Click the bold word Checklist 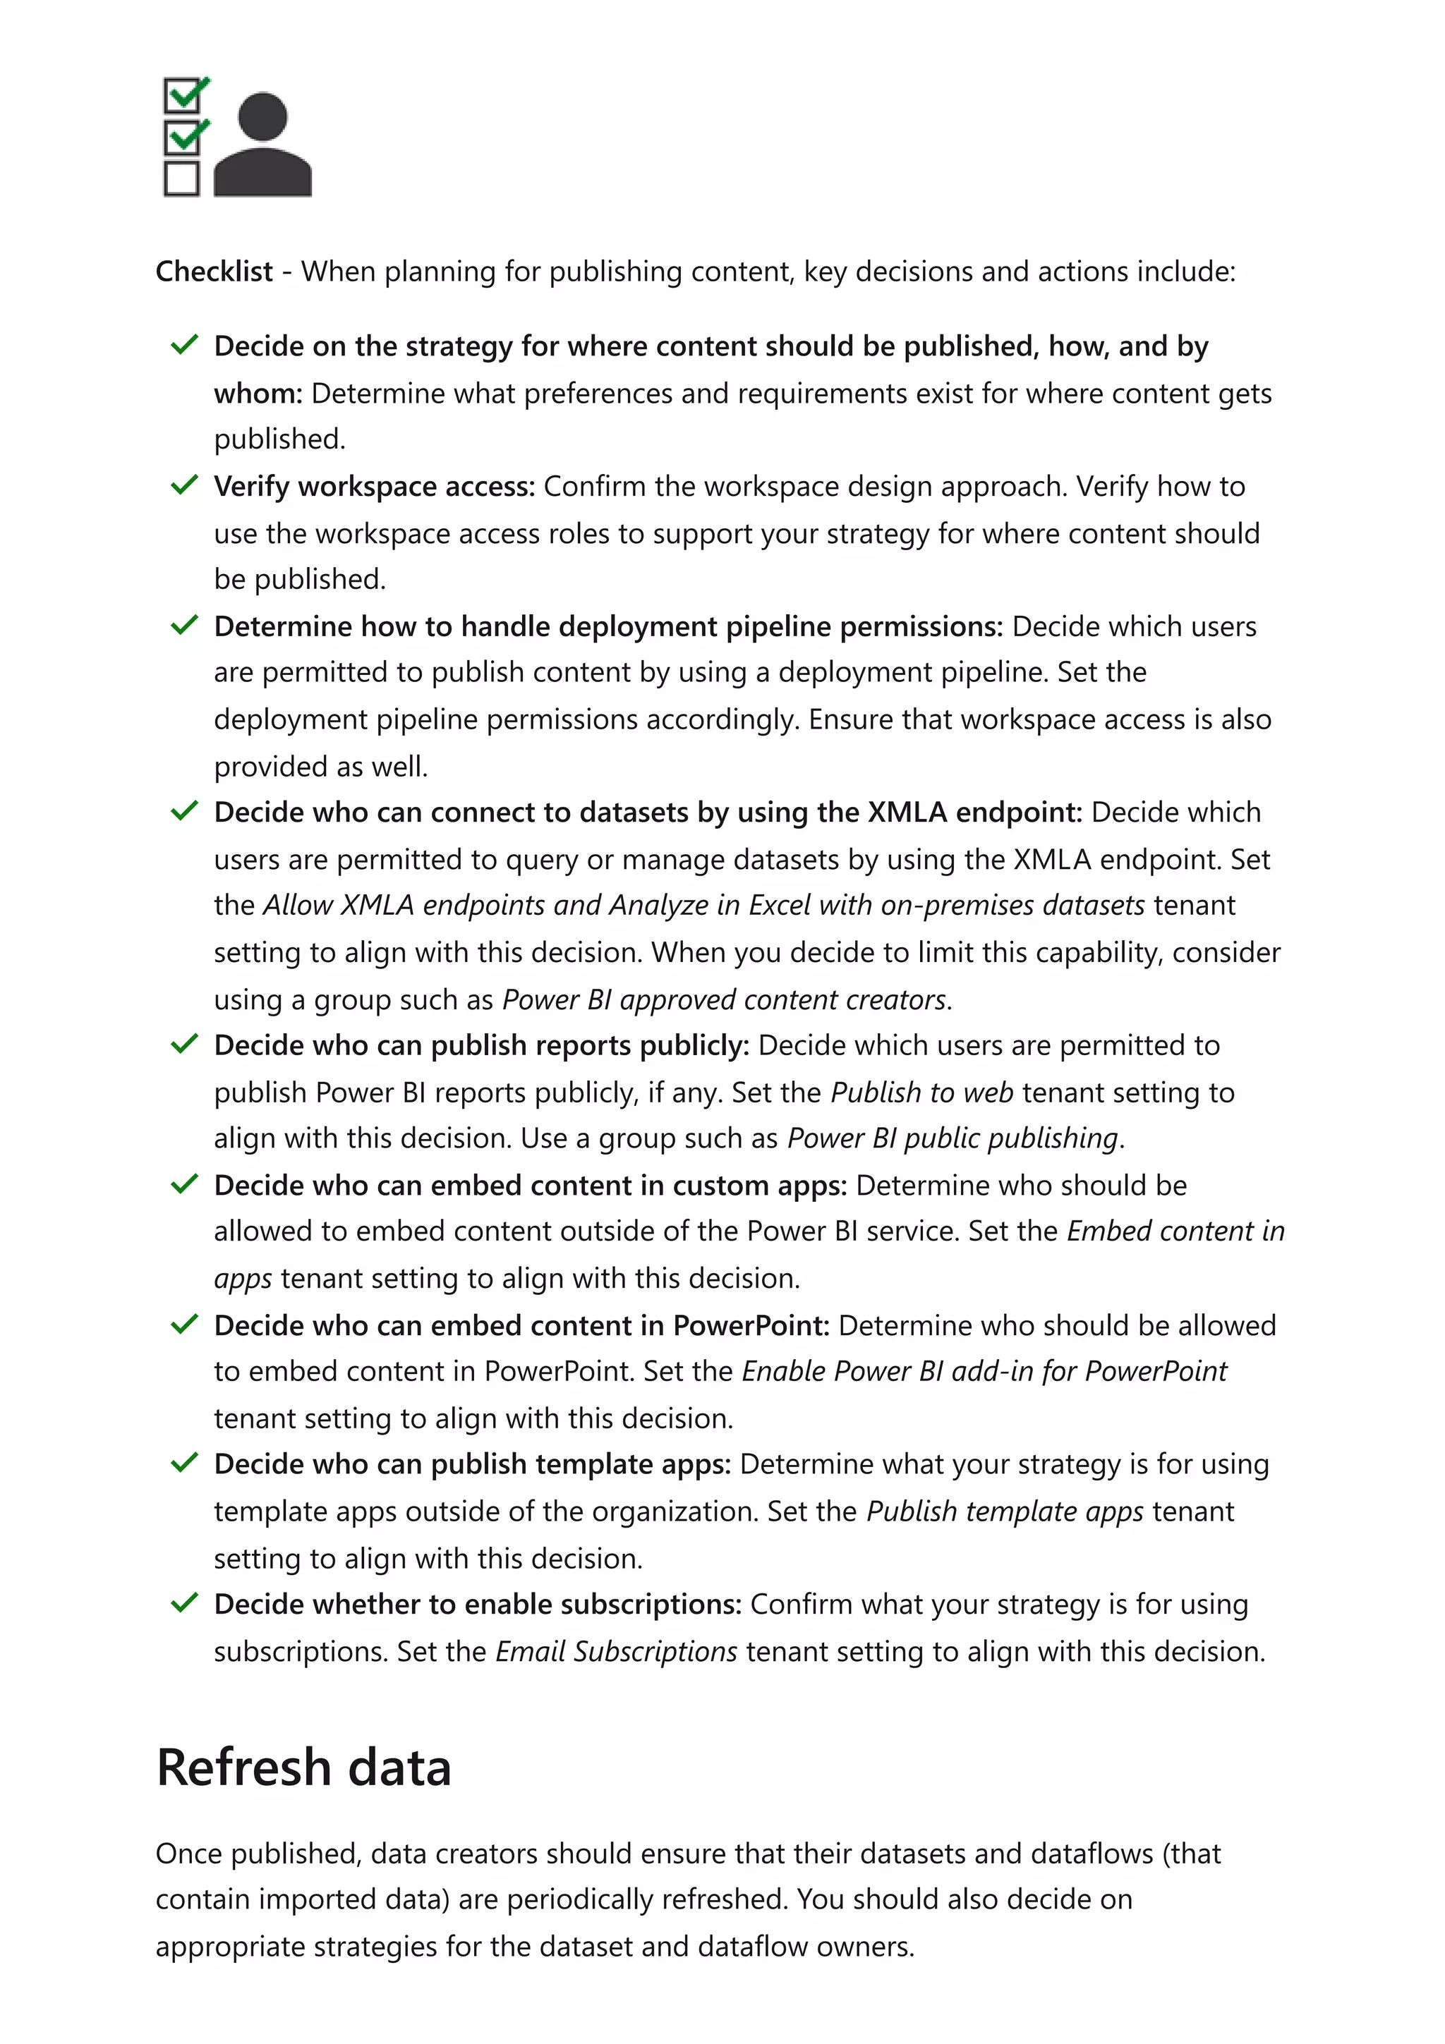214,272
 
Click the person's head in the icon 264,116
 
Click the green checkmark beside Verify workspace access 183,485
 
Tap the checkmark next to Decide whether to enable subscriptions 183,1603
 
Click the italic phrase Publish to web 921,1093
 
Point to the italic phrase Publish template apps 1004,1511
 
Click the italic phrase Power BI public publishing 953,1138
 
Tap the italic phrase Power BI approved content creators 724,999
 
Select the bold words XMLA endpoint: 975,812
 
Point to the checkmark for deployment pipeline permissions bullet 183,626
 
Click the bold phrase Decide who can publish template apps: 472,1464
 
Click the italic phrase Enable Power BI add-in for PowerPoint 984,1371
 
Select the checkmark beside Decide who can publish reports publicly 183,1045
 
